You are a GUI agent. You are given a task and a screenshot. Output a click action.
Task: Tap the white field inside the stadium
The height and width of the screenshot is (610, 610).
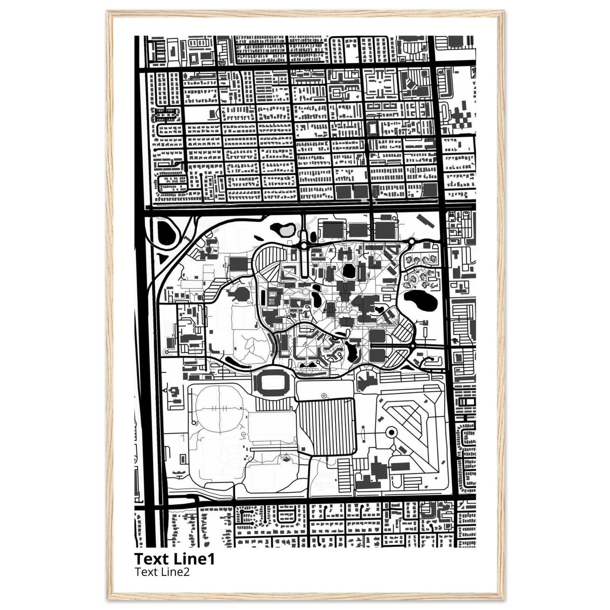pos(271,383)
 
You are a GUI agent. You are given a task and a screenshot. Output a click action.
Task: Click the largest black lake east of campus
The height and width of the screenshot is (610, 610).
pos(421,300)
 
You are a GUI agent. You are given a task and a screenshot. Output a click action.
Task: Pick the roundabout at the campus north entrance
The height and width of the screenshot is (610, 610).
pos(304,245)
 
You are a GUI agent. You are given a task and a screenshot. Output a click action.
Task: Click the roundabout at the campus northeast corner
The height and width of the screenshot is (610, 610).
pos(411,242)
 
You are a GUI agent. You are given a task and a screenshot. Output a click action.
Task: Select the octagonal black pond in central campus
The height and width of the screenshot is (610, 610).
pos(348,271)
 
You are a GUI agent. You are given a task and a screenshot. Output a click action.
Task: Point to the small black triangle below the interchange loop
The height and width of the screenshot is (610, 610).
pos(163,259)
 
